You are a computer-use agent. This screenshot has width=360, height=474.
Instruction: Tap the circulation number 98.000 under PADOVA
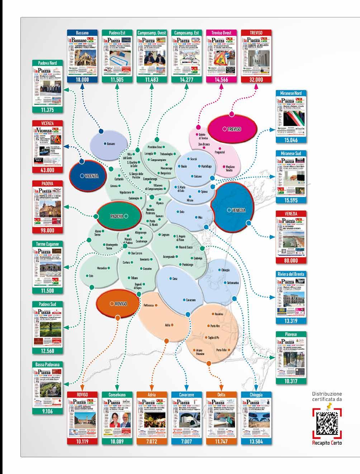[x=47, y=231]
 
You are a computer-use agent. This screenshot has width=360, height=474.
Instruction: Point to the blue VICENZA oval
[x=88, y=176]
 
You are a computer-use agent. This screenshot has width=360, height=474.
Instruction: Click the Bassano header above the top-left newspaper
[x=82, y=33]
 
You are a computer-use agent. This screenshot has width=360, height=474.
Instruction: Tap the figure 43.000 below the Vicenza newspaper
[x=47, y=170]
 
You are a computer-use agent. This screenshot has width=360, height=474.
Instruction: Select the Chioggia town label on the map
[x=226, y=270]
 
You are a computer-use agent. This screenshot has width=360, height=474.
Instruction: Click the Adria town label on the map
[x=167, y=325]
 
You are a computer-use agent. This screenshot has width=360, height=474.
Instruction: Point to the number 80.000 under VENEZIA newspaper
[x=291, y=261]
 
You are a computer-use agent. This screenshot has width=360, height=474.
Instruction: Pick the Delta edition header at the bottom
[x=221, y=394]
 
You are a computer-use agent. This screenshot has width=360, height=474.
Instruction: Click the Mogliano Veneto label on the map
[x=229, y=168]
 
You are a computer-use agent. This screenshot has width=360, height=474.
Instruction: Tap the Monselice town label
[x=102, y=268]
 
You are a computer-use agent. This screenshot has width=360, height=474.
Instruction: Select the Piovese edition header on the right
[x=291, y=334]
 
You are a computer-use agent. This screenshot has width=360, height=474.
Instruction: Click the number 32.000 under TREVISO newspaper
[x=256, y=80]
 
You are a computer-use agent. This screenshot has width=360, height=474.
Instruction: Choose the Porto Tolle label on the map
[x=221, y=350]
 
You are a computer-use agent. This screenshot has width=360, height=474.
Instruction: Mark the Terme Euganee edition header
[x=47, y=244]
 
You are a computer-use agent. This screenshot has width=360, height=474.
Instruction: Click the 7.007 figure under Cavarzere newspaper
[x=186, y=441]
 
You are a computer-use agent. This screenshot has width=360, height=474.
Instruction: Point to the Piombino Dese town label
[x=155, y=147]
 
